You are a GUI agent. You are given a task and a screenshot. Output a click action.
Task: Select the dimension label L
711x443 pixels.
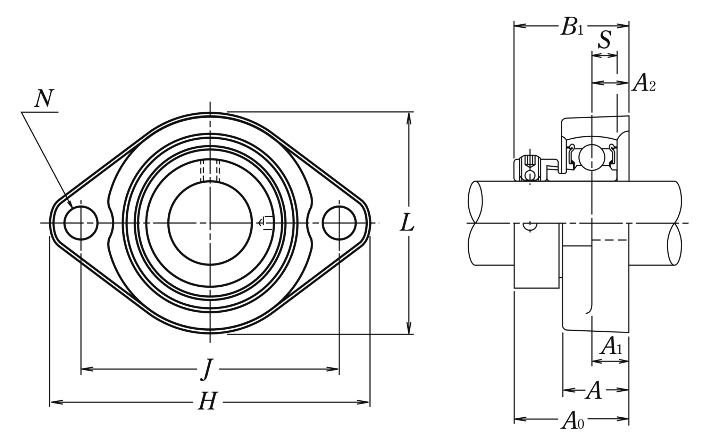407,222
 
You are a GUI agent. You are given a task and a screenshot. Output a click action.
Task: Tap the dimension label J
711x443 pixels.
207,370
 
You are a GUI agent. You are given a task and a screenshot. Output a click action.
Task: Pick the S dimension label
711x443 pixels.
604,40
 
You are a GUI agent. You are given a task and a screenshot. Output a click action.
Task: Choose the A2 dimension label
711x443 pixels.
644,83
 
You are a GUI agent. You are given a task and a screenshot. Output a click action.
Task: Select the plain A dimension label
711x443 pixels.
594,390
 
